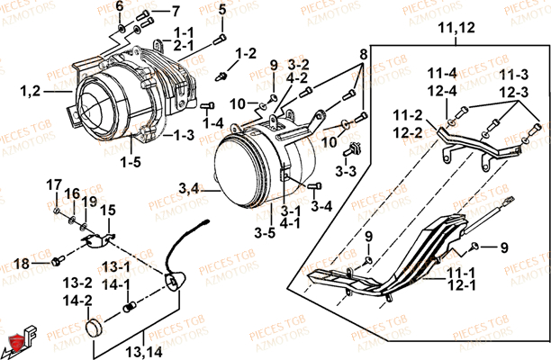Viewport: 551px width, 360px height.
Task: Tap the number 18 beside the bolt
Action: pyautogui.click(x=21, y=262)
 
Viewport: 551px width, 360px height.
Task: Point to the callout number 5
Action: pyautogui.click(x=222, y=10)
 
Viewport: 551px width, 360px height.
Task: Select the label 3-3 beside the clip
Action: pyautogui.click(x=347, y=169)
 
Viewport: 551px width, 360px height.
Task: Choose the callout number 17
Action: pyautogui.click(x=53, y=184)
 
